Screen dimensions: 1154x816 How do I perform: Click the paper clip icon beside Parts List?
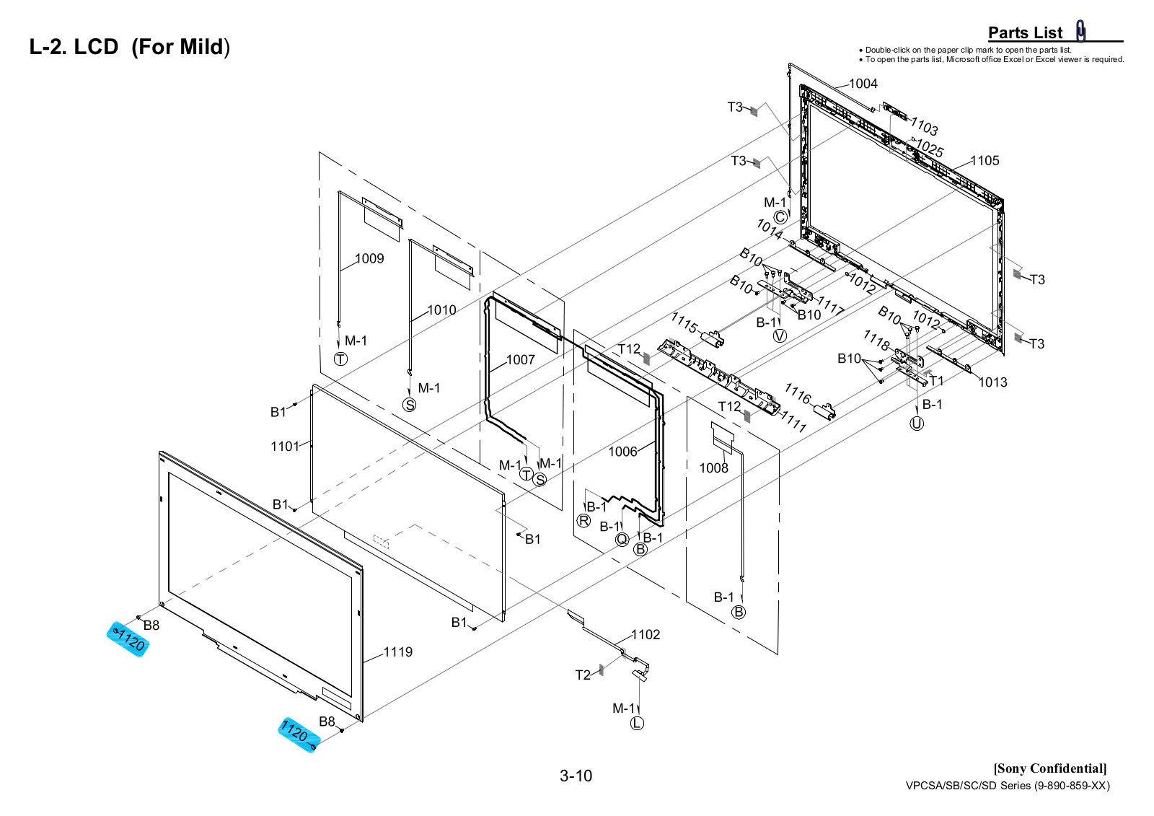point(1081,31)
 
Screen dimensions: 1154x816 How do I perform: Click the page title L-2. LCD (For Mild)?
point(129,47)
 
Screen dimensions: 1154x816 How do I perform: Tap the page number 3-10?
point(576,776)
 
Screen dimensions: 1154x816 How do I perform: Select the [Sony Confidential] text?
point(1050,768)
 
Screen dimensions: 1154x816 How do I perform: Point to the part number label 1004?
point(863,84)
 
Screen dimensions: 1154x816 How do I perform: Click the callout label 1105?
point(985,161)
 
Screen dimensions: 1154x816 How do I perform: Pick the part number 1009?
point(369,258)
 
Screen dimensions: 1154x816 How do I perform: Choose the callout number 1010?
point(441,310)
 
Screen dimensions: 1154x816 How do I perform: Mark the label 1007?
point(520,360)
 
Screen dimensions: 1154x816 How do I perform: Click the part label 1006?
point(622,452)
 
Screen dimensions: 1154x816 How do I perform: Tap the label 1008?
point(713,468)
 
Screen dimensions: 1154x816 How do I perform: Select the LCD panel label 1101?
point(285,447)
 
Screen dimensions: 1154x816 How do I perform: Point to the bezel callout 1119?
point(397,652)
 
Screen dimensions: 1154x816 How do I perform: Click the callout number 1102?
point(646,635)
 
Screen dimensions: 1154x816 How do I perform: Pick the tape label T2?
point(583,675)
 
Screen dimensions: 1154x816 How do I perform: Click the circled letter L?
point(637,724)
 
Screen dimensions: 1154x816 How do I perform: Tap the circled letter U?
point(917,424)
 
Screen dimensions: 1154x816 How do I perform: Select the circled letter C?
point(780,217)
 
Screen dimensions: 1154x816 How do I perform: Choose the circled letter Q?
point(622,539)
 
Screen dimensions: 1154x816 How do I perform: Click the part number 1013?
point(992,382)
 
